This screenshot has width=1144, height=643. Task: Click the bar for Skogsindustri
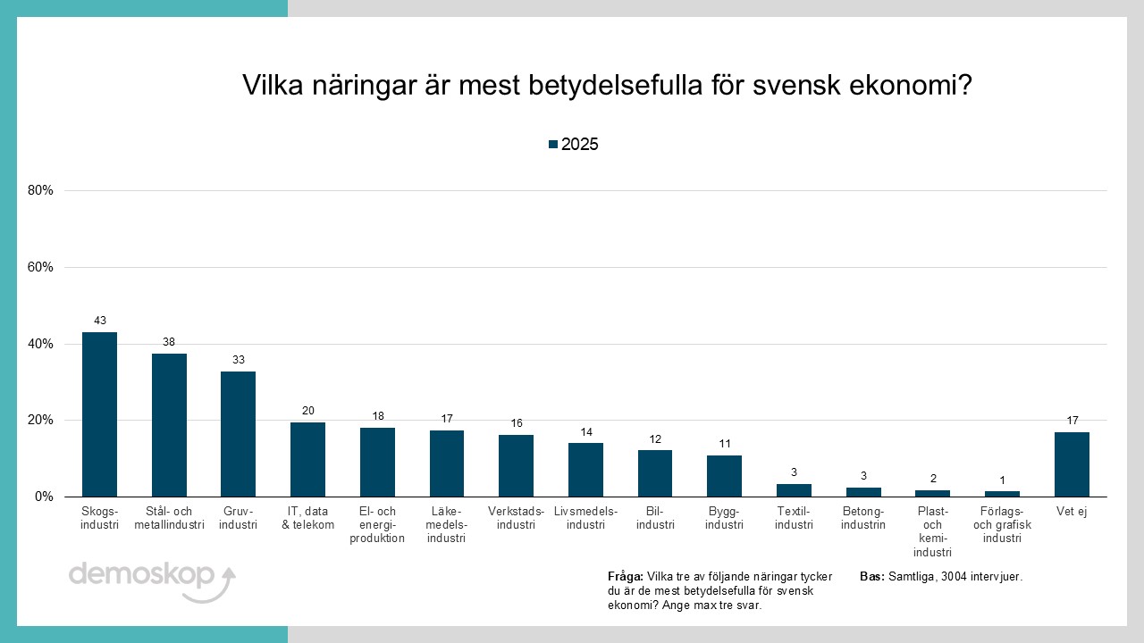click(x=99, y=414)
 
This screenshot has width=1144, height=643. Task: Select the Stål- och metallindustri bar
click(x=169, y=425)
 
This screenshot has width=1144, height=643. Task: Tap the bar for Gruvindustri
click(x=238, y=434)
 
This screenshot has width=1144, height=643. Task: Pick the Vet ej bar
click(x=1072, y=464)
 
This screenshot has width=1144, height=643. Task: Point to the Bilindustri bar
click(x=655, y=473)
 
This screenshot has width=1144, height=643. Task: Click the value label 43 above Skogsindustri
click(x=99, y=321)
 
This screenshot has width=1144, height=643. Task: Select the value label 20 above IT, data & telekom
click(x=307, y=411)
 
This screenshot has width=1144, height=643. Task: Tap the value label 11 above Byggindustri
click(x=724, y=444)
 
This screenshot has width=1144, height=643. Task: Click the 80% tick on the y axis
click(x=40, y=190)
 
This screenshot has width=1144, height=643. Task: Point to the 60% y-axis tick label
click(x=40, y=267)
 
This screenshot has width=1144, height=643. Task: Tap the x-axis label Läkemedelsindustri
click(x=446, y=525)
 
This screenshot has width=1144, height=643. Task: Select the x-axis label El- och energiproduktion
click(x=377, y=525)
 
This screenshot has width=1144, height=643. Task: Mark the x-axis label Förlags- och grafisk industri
click(x=1002, y=525)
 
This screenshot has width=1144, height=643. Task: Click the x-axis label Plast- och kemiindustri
click(x=932, y=531)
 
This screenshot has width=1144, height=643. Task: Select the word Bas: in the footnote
click(x=872, y=577)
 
